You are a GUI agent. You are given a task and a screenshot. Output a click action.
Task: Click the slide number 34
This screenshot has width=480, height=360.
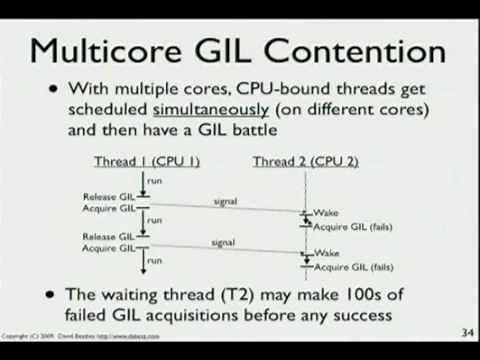pyautogui.click(x=466, y=333)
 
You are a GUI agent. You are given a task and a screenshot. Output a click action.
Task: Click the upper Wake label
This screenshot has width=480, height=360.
pyautogui.click(x=325, y=214)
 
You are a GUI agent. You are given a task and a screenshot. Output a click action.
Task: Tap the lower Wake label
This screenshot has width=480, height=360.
pyautogui.click(x=325, y=254)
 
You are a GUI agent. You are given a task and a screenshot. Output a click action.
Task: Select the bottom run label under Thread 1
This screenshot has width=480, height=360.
pyautogui.click(x=154, y=260)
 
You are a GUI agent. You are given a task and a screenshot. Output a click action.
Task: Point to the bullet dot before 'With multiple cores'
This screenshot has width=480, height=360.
pyautogui.click(x=53, y=89)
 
